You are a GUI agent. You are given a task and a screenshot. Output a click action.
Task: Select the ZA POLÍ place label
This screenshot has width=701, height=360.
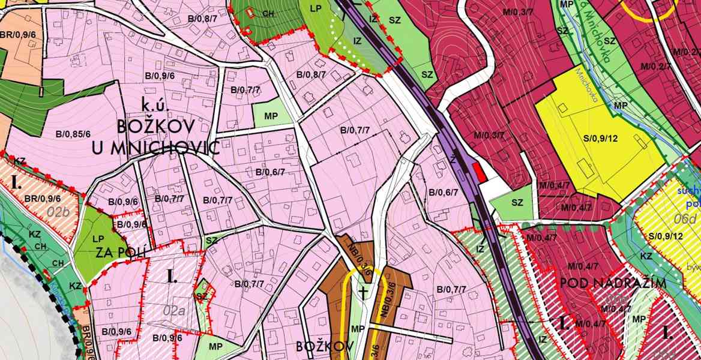pyautogui.click(x=121, y=251)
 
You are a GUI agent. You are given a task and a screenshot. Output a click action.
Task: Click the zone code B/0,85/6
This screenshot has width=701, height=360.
pyautogui.click(x=73, y=134)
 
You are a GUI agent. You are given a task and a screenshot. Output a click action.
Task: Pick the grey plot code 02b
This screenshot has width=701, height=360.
pyautogui.click(x=60, y=211)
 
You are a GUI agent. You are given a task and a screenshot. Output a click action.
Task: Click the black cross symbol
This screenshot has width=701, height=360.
pyautogui.click(x=363, y=293)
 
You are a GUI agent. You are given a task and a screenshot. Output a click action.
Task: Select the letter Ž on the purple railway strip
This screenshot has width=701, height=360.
pyautogui.click(x=453, y=161)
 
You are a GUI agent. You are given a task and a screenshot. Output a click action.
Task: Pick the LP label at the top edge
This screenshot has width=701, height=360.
pyautogui.click(x=316, y=8)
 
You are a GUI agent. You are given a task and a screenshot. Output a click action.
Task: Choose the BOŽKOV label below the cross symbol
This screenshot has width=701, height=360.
pyautogui.click(x=321, y=346)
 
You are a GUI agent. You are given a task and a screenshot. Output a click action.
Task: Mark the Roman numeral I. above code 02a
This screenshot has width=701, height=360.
pyautogui.click(x=172, y=277)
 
